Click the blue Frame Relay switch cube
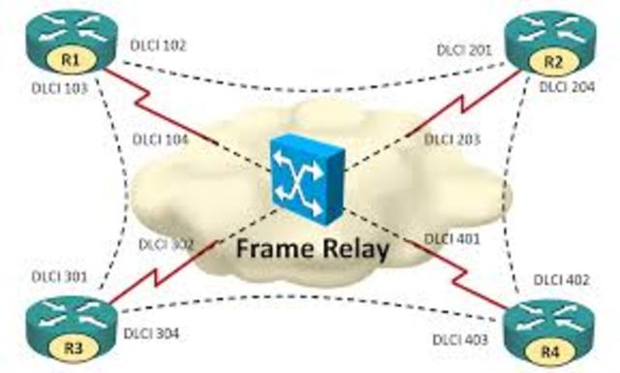point(308,175)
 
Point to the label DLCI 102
point(157,45)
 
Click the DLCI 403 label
point(461,340)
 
